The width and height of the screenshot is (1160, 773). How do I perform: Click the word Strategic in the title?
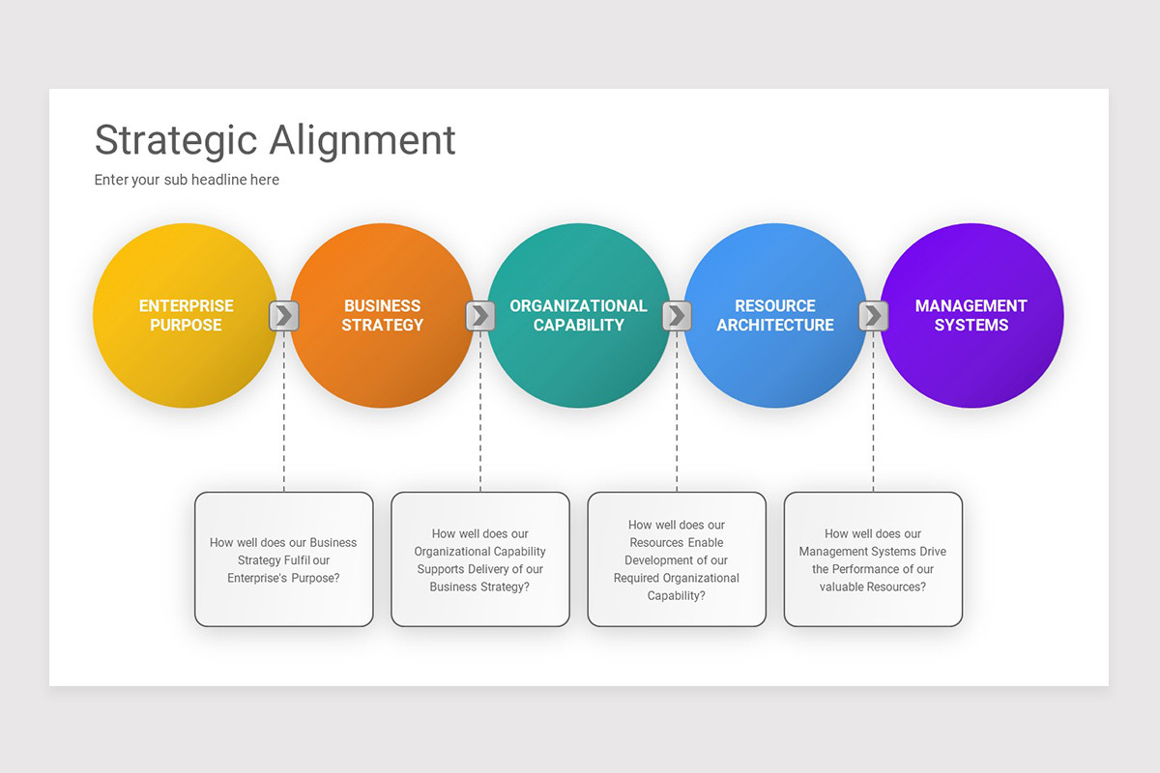tap(176, 140)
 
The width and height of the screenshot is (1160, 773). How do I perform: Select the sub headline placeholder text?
tap(187, 180)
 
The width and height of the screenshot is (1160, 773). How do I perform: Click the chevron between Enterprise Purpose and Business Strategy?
tap(283, 315)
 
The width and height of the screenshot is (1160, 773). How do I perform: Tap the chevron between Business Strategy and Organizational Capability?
tap(480, 315)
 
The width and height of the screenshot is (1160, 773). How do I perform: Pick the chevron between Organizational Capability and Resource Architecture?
tap(677, 315)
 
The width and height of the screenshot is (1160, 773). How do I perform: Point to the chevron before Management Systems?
tap(873, 315)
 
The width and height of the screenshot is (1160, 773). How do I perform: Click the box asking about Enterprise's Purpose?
tap(283, 559)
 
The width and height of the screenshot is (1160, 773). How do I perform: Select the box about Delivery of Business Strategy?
tap(480, 559)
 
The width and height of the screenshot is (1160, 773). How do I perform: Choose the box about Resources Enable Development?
tap(677, 559)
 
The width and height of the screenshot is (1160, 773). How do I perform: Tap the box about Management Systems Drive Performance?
tap(873, 559)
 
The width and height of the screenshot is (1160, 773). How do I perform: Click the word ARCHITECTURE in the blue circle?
tap(774, 326)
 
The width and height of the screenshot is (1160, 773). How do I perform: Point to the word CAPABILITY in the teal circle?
tap(578, 326)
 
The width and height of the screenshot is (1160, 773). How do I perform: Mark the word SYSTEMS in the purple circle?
tap(971, 326)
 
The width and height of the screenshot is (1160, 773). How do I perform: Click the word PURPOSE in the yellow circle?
tap(186, 326)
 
